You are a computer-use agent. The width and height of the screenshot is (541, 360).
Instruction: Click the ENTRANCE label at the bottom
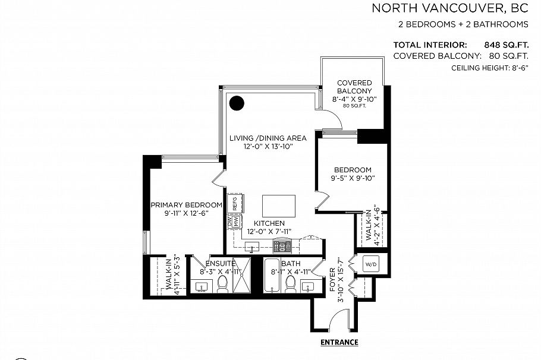click(339, 342)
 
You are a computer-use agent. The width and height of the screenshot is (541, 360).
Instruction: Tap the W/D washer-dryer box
click(370, 263)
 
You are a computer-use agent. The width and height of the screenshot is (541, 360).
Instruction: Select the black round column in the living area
click(237, 103)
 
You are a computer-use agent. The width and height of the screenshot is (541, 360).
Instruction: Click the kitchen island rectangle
click(279, 206)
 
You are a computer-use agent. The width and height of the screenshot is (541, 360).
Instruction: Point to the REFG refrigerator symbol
click(235, 203)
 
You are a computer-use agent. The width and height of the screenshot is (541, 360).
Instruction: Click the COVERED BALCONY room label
click(354, 87)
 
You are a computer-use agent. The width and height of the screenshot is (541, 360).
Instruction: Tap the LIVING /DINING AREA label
click(268, 138)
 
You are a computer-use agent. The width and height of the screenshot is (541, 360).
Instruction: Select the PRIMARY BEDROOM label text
click(186, 205)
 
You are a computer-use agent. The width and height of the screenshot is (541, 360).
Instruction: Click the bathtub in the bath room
click(272, 276)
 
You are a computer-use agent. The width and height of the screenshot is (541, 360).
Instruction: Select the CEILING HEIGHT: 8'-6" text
click(490, 68)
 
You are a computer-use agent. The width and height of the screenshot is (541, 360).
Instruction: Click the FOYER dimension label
click(336, 280)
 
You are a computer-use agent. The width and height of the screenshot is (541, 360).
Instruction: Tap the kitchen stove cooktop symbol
click(281, 245)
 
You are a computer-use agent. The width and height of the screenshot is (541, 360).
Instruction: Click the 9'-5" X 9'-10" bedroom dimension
click(353, 178)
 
